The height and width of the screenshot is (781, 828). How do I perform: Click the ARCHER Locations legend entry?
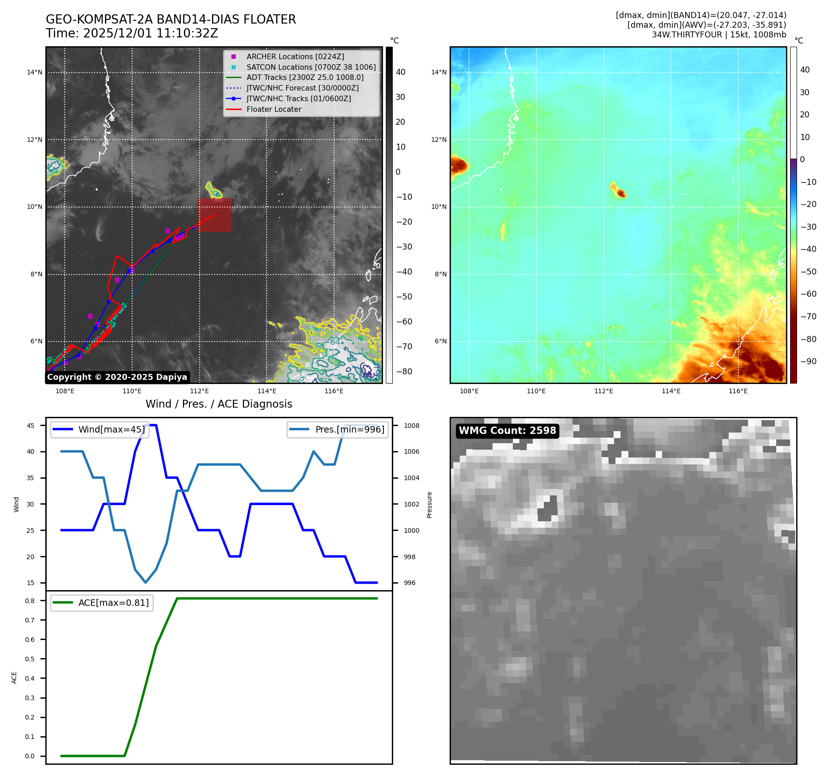295,56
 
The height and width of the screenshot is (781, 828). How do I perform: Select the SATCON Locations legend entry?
310,67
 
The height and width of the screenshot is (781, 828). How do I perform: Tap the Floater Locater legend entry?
274,109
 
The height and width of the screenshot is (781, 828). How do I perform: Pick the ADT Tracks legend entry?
304,77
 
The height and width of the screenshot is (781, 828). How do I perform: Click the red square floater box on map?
214,215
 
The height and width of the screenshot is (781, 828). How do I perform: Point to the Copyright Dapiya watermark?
117,377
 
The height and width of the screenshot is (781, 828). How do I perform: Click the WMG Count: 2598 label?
507,431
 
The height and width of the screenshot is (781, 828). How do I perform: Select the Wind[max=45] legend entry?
111,429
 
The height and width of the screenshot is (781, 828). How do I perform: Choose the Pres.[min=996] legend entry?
349,429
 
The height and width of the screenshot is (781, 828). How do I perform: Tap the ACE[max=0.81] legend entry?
113,603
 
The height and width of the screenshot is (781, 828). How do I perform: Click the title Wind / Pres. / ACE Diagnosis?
219,404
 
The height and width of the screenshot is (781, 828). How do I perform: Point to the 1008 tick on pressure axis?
411,426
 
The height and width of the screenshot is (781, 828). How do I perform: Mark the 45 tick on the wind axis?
30,426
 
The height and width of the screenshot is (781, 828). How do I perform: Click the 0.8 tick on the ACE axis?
30,601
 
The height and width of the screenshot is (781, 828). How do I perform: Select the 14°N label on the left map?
35,72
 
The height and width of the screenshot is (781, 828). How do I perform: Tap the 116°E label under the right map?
738,391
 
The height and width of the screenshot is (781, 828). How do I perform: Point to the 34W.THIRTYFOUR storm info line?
718,35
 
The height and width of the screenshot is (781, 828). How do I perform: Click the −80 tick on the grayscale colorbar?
404,372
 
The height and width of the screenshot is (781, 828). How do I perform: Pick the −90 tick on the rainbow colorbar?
808,361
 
